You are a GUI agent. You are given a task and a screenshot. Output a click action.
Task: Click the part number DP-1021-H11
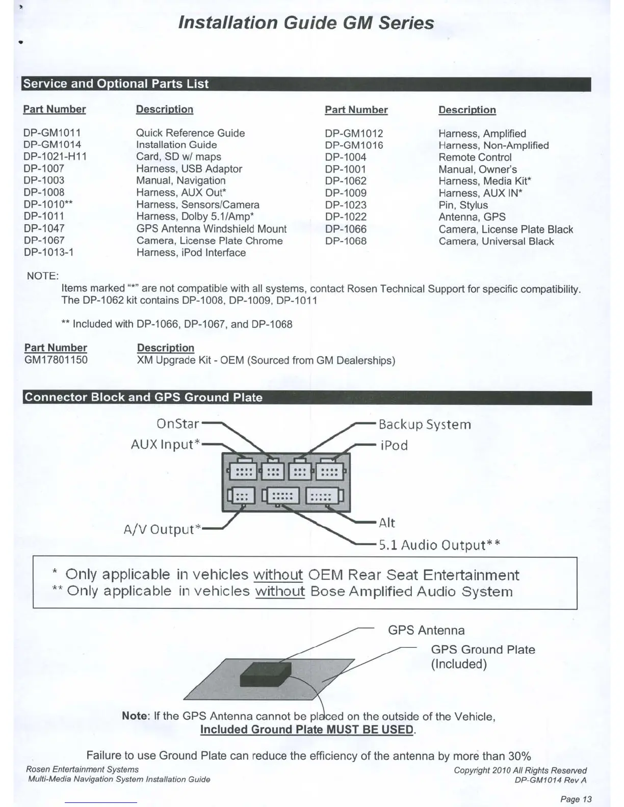(x=55, y=156)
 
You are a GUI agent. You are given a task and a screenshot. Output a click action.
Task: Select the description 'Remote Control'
(x=475, y=157)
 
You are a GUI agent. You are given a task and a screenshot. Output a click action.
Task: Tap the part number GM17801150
(x=56, y=360)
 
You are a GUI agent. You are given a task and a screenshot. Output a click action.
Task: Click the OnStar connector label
(x=177, y=424)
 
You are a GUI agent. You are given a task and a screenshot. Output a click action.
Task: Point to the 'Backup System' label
(x=425, y=424)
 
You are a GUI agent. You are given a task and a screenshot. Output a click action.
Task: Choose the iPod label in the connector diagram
(x=394, y=445)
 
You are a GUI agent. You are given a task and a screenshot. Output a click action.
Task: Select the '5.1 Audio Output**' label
(x=439, y=545)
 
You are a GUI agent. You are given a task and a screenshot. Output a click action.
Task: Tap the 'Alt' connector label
(x=387, y=523)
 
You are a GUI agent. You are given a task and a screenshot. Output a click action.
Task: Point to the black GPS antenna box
(x=266, y=675)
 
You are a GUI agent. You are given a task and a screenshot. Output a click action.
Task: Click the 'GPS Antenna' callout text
(x=426, y=630)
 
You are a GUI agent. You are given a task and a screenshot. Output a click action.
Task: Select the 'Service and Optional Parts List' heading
(x=116, y=84)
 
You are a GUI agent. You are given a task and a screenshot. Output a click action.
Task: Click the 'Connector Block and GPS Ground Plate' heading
(x=143, y=397)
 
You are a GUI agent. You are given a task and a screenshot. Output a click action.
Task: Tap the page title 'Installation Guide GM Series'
(x=306, y=23)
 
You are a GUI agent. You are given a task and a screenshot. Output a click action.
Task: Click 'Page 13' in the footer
(x=576, y=799)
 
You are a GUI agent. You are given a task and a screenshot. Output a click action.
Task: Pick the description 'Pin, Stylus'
(x=463, y=205)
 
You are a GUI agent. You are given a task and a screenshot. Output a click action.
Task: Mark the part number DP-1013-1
(x=48, y=252)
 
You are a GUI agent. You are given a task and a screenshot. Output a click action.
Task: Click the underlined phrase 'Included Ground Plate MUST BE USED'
(x=307, y=730)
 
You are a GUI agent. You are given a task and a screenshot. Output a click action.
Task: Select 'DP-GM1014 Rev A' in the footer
(x=550, y=779)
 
